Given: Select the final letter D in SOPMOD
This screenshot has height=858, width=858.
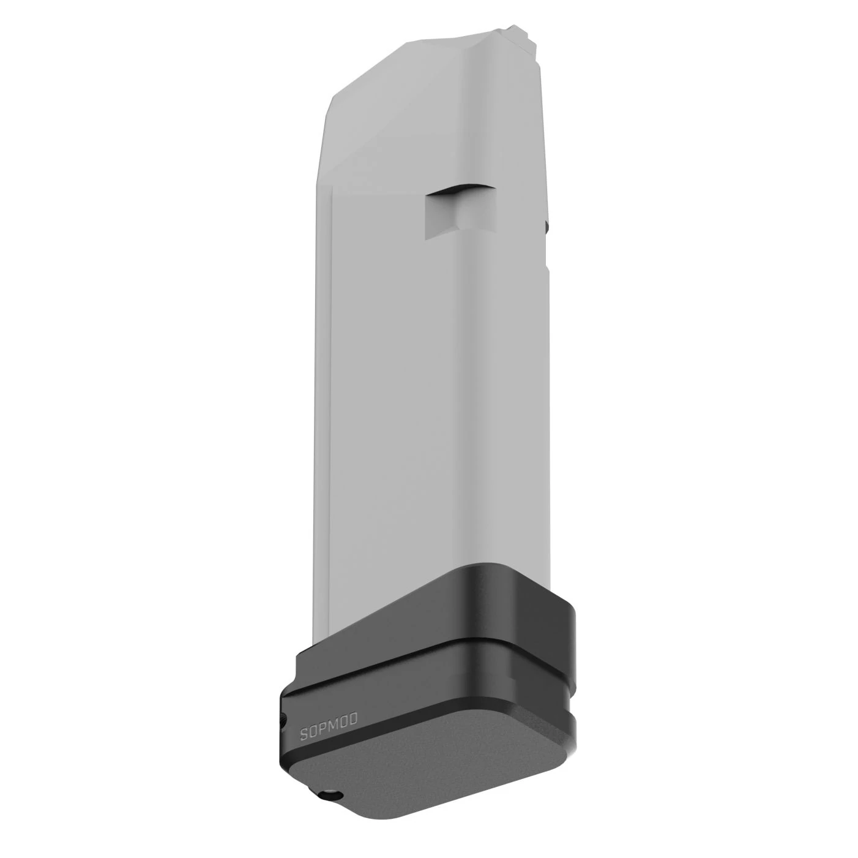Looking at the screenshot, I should [x=354, y=717].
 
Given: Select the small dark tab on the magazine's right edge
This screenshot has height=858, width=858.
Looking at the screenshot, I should [x=547, y=228].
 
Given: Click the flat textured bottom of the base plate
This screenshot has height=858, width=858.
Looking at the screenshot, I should [x=428, y=759].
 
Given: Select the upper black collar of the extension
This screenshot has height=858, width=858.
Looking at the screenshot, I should [x=490, y=606].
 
